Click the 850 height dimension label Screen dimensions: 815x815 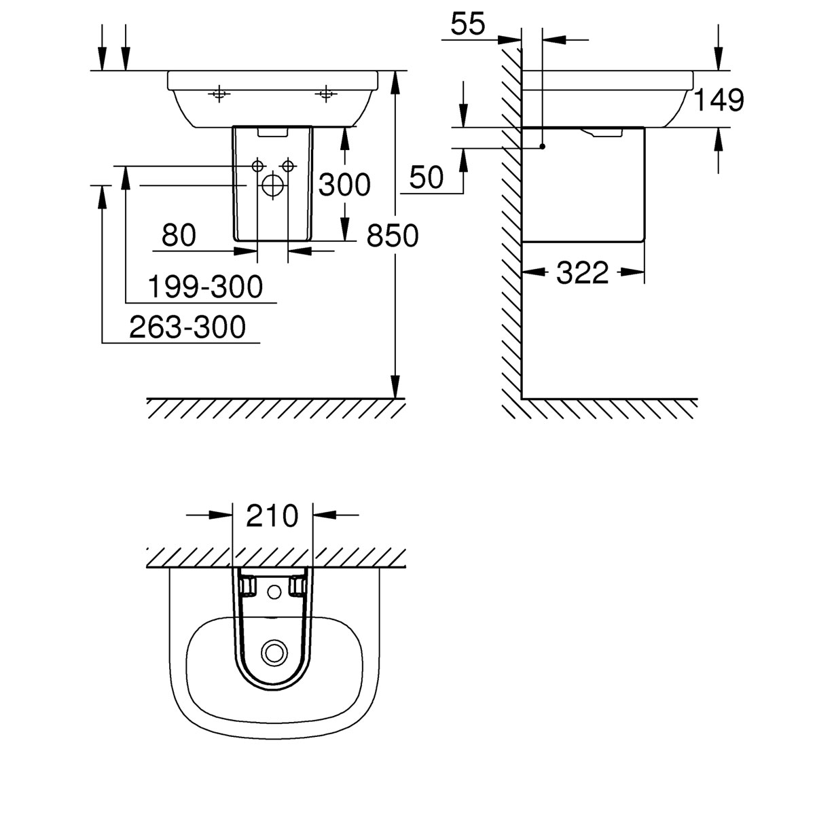(x=393, y=236)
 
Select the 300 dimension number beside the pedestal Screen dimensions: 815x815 (x=344, y=185)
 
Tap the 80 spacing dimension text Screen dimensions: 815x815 (x=179, y=236)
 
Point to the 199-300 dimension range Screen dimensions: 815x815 (x=205, y=287)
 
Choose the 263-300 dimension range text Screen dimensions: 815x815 (x=187, y=328)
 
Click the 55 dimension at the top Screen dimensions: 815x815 (x=469, y=24)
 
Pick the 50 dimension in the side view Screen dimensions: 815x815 (x=427, y=178)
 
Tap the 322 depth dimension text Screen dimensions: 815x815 (x=582, y=273)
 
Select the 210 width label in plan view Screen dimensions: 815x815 (x=272, y=516)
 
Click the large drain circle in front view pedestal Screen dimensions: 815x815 (x=272, y=185)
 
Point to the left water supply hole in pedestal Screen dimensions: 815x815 (x=257, y=165)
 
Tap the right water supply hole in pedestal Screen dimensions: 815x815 (x=288, y=165)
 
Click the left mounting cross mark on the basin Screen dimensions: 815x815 (x=218, y=94)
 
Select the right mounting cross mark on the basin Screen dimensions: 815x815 (x=327, y=94)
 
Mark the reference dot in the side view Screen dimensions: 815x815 (x=543, y=147)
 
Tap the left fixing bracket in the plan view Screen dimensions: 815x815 (x=248, y=584)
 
